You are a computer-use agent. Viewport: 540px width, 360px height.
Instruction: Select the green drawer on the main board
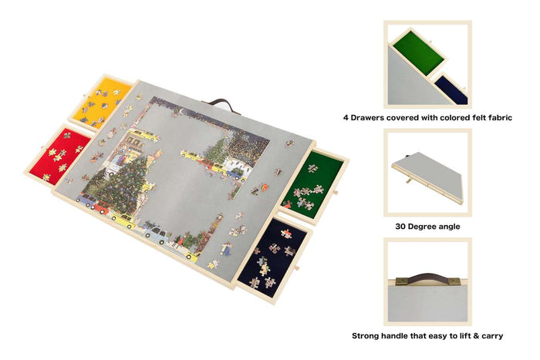313,185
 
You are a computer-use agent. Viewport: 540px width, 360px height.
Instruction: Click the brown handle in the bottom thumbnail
428,277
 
